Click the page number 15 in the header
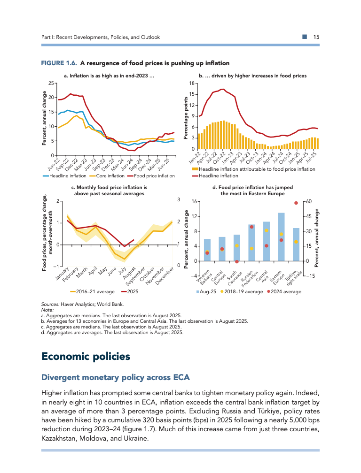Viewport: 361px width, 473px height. point(316,37)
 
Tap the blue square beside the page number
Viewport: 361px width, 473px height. point(305,37)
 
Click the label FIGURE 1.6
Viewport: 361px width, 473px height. point(59,63)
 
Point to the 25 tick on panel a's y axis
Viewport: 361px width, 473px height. point(50,83)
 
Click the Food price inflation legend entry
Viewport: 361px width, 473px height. point(151,176)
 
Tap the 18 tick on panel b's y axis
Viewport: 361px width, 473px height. point(192,83)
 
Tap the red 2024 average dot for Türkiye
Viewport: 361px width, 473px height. point(296,203)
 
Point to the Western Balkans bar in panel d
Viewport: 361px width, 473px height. point(207,250)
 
